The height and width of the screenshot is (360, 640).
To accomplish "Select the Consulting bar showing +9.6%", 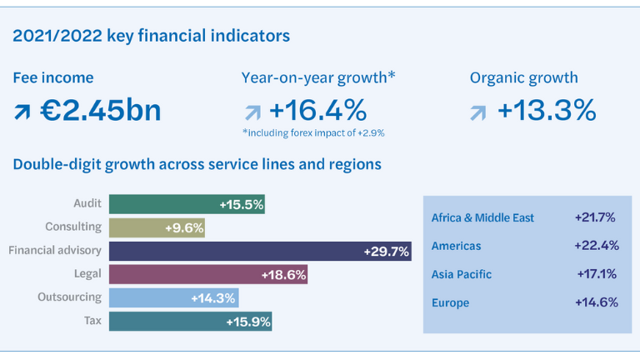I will point(157,227).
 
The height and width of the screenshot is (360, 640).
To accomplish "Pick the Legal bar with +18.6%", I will point(208,274).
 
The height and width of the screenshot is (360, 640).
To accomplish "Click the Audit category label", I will point(87,203).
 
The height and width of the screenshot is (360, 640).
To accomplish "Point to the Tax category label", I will point(92,321).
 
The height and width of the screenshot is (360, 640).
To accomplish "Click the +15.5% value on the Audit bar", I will point(241,204).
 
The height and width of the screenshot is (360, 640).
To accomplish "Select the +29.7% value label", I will point(386,252).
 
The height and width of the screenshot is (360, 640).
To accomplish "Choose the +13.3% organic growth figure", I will point(547,110).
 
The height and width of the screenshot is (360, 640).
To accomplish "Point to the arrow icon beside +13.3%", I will point(478,112).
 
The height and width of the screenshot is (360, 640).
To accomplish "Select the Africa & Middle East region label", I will point(482,218).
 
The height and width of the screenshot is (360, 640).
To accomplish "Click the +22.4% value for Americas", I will point(595,247).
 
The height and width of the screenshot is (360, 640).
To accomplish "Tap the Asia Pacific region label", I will point(462,274).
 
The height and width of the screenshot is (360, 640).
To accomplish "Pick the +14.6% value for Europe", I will point(596,302).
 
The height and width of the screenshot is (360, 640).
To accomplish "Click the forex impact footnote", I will point(312,132).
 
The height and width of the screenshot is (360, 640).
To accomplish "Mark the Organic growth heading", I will point(523,78).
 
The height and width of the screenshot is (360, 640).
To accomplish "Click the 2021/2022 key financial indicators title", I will point(151,36).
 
